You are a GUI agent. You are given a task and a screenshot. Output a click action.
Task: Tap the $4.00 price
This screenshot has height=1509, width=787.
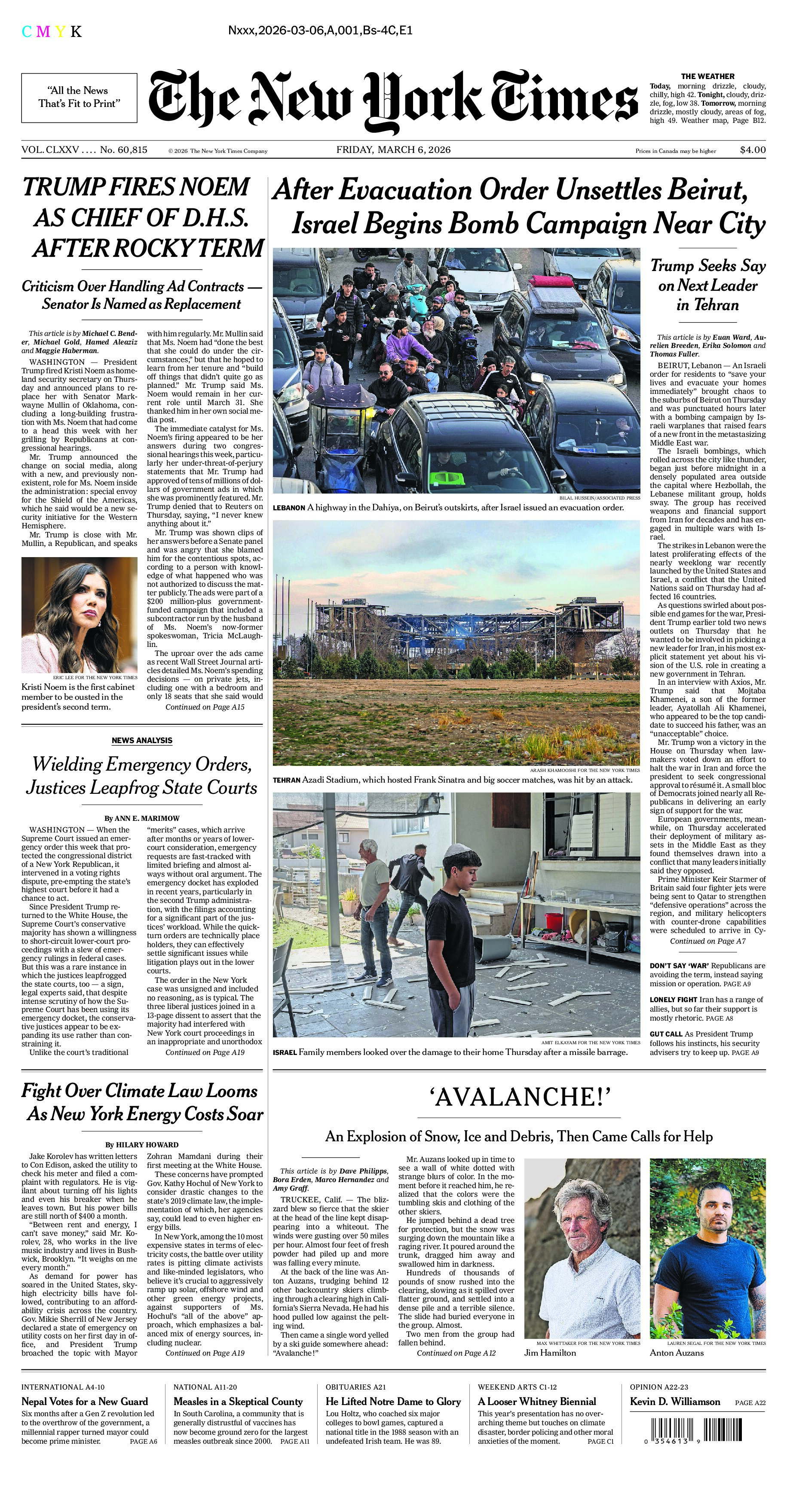coord(753,150)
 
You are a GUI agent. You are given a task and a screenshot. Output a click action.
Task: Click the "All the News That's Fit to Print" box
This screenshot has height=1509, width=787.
coord(79,97)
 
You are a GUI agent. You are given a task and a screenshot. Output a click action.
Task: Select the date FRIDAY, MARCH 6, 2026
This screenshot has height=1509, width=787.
coord(393,150)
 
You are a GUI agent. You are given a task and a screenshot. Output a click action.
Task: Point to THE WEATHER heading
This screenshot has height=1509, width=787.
coord(707,76)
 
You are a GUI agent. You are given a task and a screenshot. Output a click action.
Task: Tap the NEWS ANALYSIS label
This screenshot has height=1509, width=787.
coord(142,741)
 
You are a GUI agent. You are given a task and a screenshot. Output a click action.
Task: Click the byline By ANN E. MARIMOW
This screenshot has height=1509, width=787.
coord(142,818)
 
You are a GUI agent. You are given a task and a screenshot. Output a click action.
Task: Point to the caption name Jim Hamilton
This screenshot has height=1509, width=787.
coord(550,1353)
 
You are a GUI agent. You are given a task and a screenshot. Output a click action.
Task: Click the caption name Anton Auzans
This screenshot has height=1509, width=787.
coord(676,1353)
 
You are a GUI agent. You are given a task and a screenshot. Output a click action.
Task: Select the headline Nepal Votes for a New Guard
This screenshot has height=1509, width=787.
coord(84,1401)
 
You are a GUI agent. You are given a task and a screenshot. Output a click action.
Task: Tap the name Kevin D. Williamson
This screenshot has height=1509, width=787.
coord(674,1401)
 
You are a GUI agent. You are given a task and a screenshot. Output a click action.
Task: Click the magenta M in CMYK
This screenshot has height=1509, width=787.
coord(43,32)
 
